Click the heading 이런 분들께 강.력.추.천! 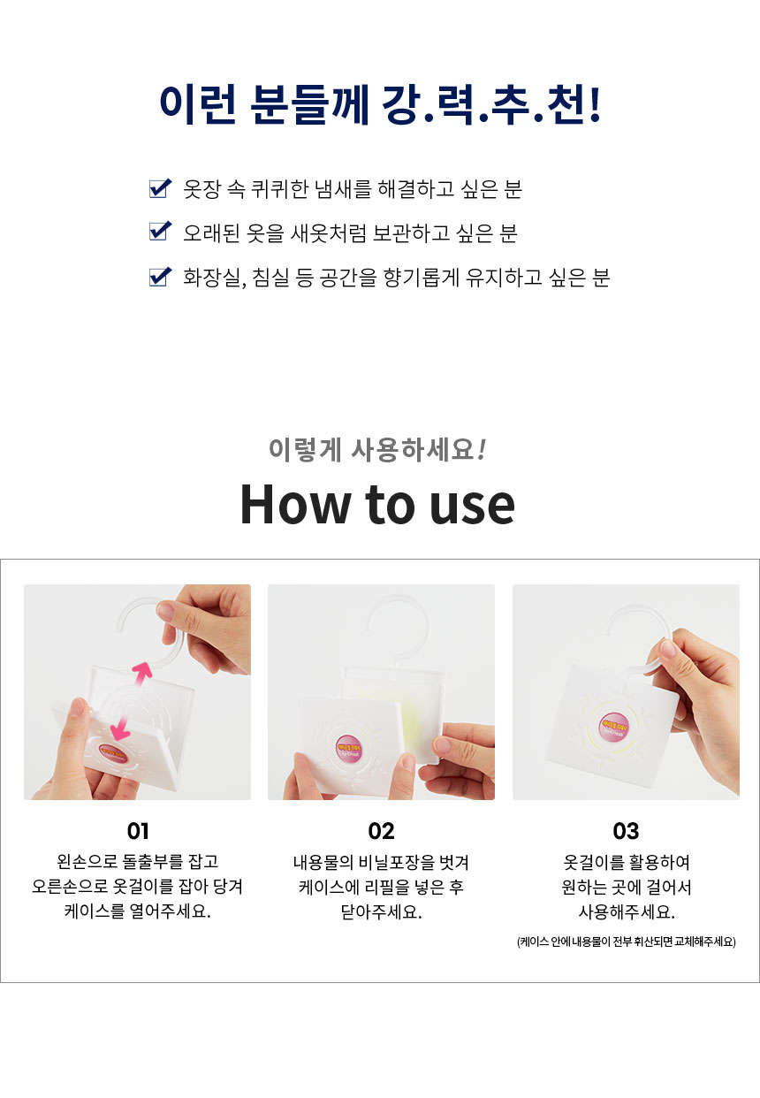click(x=380, y=104)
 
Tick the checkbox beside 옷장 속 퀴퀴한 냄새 click(x=159, y=187)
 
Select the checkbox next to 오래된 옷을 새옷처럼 click(x=159, y=233)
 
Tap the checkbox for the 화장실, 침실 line click(x=159, y=278)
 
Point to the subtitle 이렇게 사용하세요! click(x=377, y=450)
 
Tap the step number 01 click(x=138, y=831)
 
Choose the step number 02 click(x=381, y=831)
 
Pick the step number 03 click(x=625, y=831)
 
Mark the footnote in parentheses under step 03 click(x=626, y=942)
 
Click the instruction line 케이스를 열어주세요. click(x=138, y=911)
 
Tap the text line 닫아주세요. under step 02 click(x=381, y=911)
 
